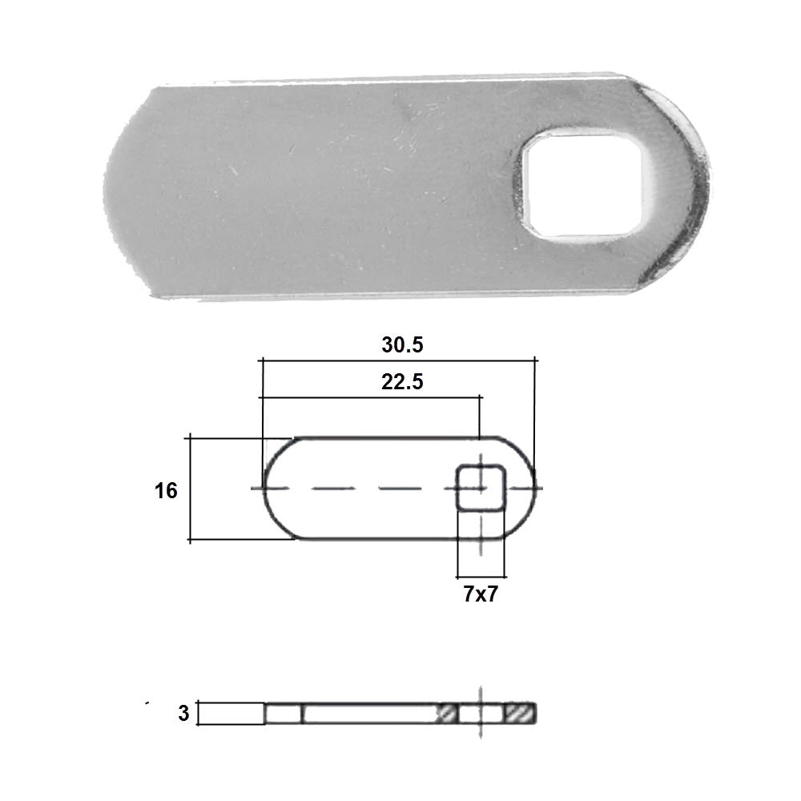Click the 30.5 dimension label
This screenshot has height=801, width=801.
403,344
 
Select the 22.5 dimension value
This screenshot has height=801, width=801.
403,381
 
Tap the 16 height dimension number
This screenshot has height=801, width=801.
166,490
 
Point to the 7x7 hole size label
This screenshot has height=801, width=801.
481,594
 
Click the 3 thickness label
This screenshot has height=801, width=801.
183,713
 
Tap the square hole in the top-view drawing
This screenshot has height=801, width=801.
481,488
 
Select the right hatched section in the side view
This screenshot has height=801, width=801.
521,713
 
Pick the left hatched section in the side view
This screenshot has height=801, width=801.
447,713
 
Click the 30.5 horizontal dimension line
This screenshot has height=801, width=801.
398,360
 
